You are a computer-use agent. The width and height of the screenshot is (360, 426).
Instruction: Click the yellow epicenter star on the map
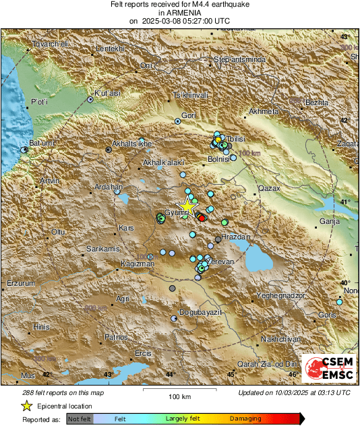coord(186,207)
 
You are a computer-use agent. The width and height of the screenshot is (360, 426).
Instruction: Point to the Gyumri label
coord(175,212)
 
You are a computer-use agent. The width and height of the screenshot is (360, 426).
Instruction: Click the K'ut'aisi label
coord(107,93)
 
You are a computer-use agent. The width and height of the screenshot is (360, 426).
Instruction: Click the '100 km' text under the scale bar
coord(179,396)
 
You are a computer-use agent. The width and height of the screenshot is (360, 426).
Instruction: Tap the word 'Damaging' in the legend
coord(245,419)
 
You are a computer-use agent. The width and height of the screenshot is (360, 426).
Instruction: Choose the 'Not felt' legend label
coord(82,419)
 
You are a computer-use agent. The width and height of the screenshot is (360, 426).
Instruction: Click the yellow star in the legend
coord(26,406)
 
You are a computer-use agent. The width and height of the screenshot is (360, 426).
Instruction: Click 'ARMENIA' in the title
coord(179,12)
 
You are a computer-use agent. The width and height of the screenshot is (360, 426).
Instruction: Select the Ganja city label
coord(328,220)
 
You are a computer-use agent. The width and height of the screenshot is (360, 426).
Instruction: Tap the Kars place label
coord(126,229)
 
